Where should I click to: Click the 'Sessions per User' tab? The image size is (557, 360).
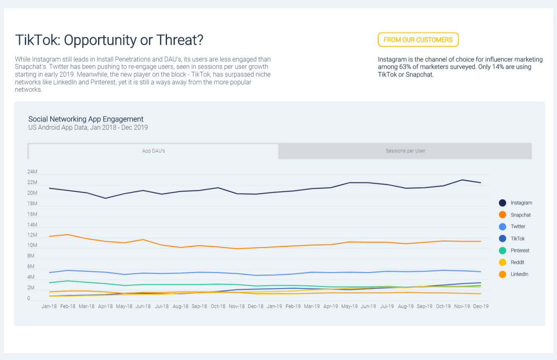[x=405, y=151]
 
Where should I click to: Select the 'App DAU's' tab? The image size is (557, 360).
[x=154, y=151]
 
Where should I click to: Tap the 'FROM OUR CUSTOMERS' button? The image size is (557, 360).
[x=418, y=40]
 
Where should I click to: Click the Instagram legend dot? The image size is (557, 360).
[x=503, y=203]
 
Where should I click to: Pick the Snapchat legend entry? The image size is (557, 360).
[x=520, y=215]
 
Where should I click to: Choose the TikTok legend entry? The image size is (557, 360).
[x=517, y=238]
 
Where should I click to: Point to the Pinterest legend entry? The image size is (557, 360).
[x=520, y=251]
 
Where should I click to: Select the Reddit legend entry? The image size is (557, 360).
[x=517, y=262]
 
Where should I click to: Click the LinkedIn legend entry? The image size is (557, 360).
[x=519, y=274]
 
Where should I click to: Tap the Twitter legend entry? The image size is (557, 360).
[x=518, y=227]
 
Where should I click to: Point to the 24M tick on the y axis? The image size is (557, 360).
[x=32, y=172]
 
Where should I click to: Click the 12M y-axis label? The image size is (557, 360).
[x=32, y=236]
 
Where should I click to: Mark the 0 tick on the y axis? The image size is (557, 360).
[x=29, y=298]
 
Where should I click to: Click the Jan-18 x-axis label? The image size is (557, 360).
[x=49, y=306]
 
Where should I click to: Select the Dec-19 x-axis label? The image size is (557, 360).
[x=480, y=306]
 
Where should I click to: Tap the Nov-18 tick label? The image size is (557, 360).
[x=237, y=306]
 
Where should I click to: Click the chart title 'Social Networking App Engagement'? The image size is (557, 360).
[x=86, y=119]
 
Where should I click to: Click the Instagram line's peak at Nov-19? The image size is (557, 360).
[x=462, y=180]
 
